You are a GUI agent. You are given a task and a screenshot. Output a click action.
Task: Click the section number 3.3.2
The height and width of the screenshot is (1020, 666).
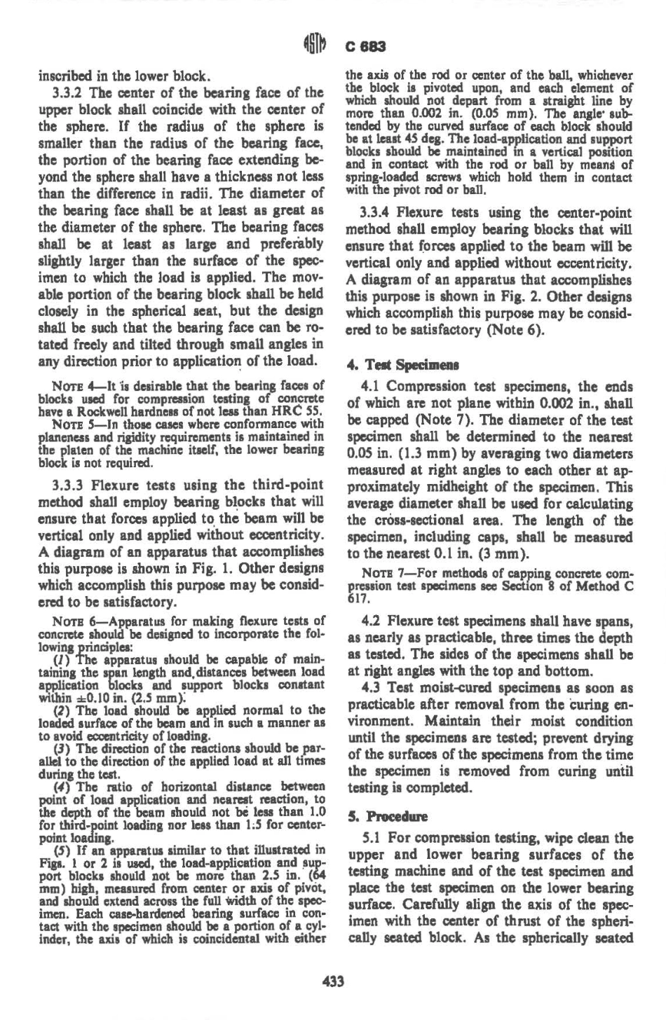(69, 93)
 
